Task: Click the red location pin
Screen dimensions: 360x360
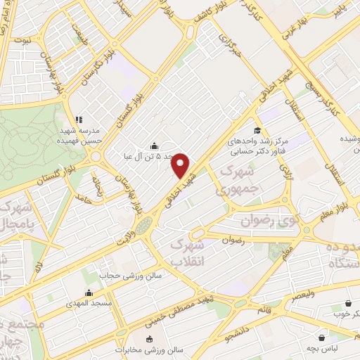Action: tap(181, 165)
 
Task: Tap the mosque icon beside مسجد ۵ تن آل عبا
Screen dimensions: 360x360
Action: tap(154, 145)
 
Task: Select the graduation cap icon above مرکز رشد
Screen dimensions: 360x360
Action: tap(257, 130)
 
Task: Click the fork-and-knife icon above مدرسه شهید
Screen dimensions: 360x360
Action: tap(79, 120)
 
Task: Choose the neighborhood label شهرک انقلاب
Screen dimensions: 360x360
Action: tap(187, 252)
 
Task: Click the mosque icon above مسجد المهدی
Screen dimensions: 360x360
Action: tap(89, 293)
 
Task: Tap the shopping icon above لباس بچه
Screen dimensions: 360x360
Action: tap(322, 337)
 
